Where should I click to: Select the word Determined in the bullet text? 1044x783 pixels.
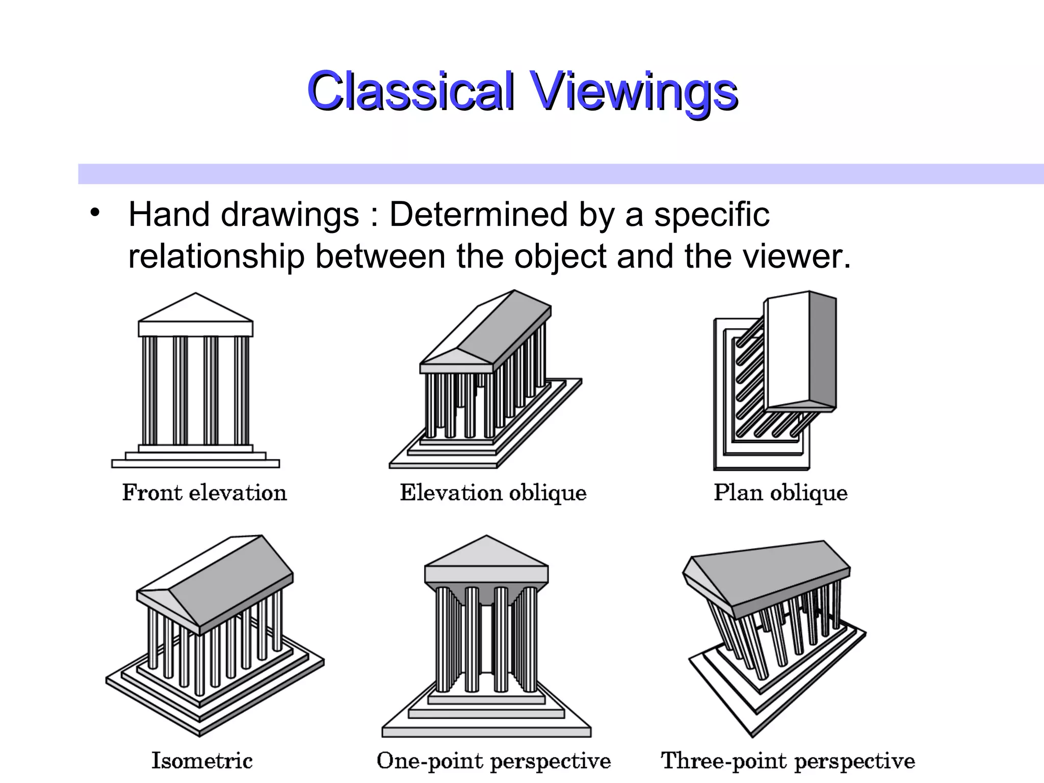[x=478, y=215]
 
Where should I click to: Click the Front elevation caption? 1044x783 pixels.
[x=204, y=493]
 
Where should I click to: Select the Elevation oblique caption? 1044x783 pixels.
[x=493, y=493]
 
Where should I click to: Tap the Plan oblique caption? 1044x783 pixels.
[x=780, y=493]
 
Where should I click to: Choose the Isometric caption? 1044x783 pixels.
[x=202, y=761]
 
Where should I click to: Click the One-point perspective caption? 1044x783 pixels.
[x=493, y=761]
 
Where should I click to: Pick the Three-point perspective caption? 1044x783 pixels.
[x=788, y=761]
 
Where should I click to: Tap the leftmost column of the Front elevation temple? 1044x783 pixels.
[x=149, y=390]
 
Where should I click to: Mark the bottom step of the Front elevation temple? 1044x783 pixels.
[x=196, y=463]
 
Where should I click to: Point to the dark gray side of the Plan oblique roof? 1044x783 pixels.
[x=822, y=352]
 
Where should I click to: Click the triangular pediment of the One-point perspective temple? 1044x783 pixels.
[x=486, y=553]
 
